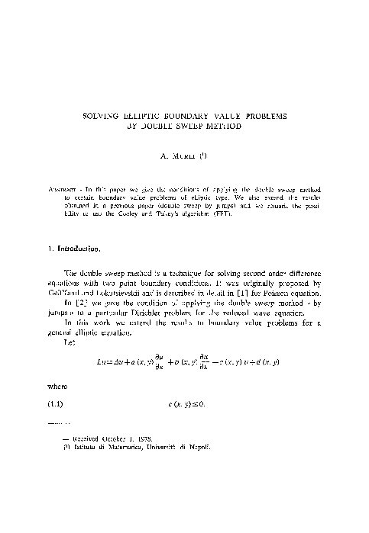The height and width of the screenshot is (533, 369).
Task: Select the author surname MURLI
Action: tap(181, 158)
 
